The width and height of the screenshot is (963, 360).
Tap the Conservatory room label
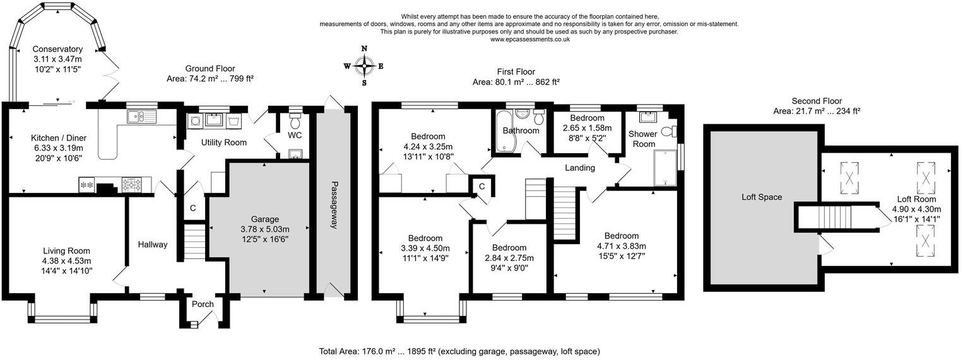pyautogui.click(x=57, y=49)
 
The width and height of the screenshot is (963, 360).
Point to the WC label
pyautogui.click(x=295, y=135)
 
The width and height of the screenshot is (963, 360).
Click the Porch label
pyautogui.click(x=203, y=305)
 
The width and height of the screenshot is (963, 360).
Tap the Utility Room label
pyautogui.click(x=223, y=142)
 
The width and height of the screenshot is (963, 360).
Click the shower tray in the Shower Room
pyautogui.click(x=665, y=168)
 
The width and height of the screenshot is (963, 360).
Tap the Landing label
pyautogui.click(x=580, y=168)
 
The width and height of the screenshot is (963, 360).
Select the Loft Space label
pyautogui.click(x=762, y=197)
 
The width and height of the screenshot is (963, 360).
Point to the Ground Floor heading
pyautogui.click(x=210, y=68)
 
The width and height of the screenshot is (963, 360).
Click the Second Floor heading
pyautogui.click(x=817, y=101)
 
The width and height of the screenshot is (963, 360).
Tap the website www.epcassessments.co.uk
pyautogui.click(x=529, y=39)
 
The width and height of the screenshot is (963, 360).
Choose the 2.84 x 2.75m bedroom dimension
pyautogui.click(x=509, y=258)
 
